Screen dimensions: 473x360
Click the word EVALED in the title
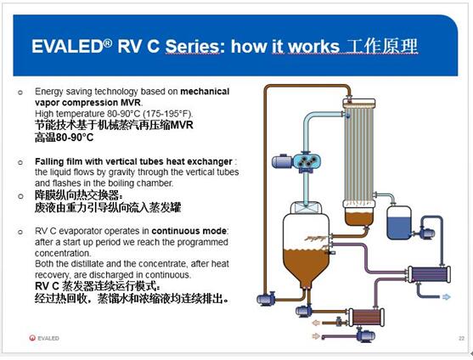click(x=67, y=47)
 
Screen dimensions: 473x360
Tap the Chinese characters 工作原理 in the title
click(x=382, y=46)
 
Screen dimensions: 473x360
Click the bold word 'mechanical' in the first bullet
click(x=205, y=92)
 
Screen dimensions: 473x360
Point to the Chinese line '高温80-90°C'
click(x=64, y=138)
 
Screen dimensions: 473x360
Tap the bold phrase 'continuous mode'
click(x=189, y=231)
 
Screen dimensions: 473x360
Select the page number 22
click(x=461, y=338)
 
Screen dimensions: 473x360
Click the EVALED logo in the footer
click(x=44, y=338)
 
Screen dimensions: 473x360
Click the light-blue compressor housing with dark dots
click(x=307, y=162)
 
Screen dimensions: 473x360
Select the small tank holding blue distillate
click(x=399, y=222)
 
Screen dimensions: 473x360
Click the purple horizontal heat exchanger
click(x=429, y=274)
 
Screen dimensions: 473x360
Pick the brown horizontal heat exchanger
click(x=367, y=317)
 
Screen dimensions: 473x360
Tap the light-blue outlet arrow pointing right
click(x=446, y=297)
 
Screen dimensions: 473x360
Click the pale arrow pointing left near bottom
click(x=316, y=323)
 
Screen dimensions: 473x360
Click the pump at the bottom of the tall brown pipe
click(x=266, y=299)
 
